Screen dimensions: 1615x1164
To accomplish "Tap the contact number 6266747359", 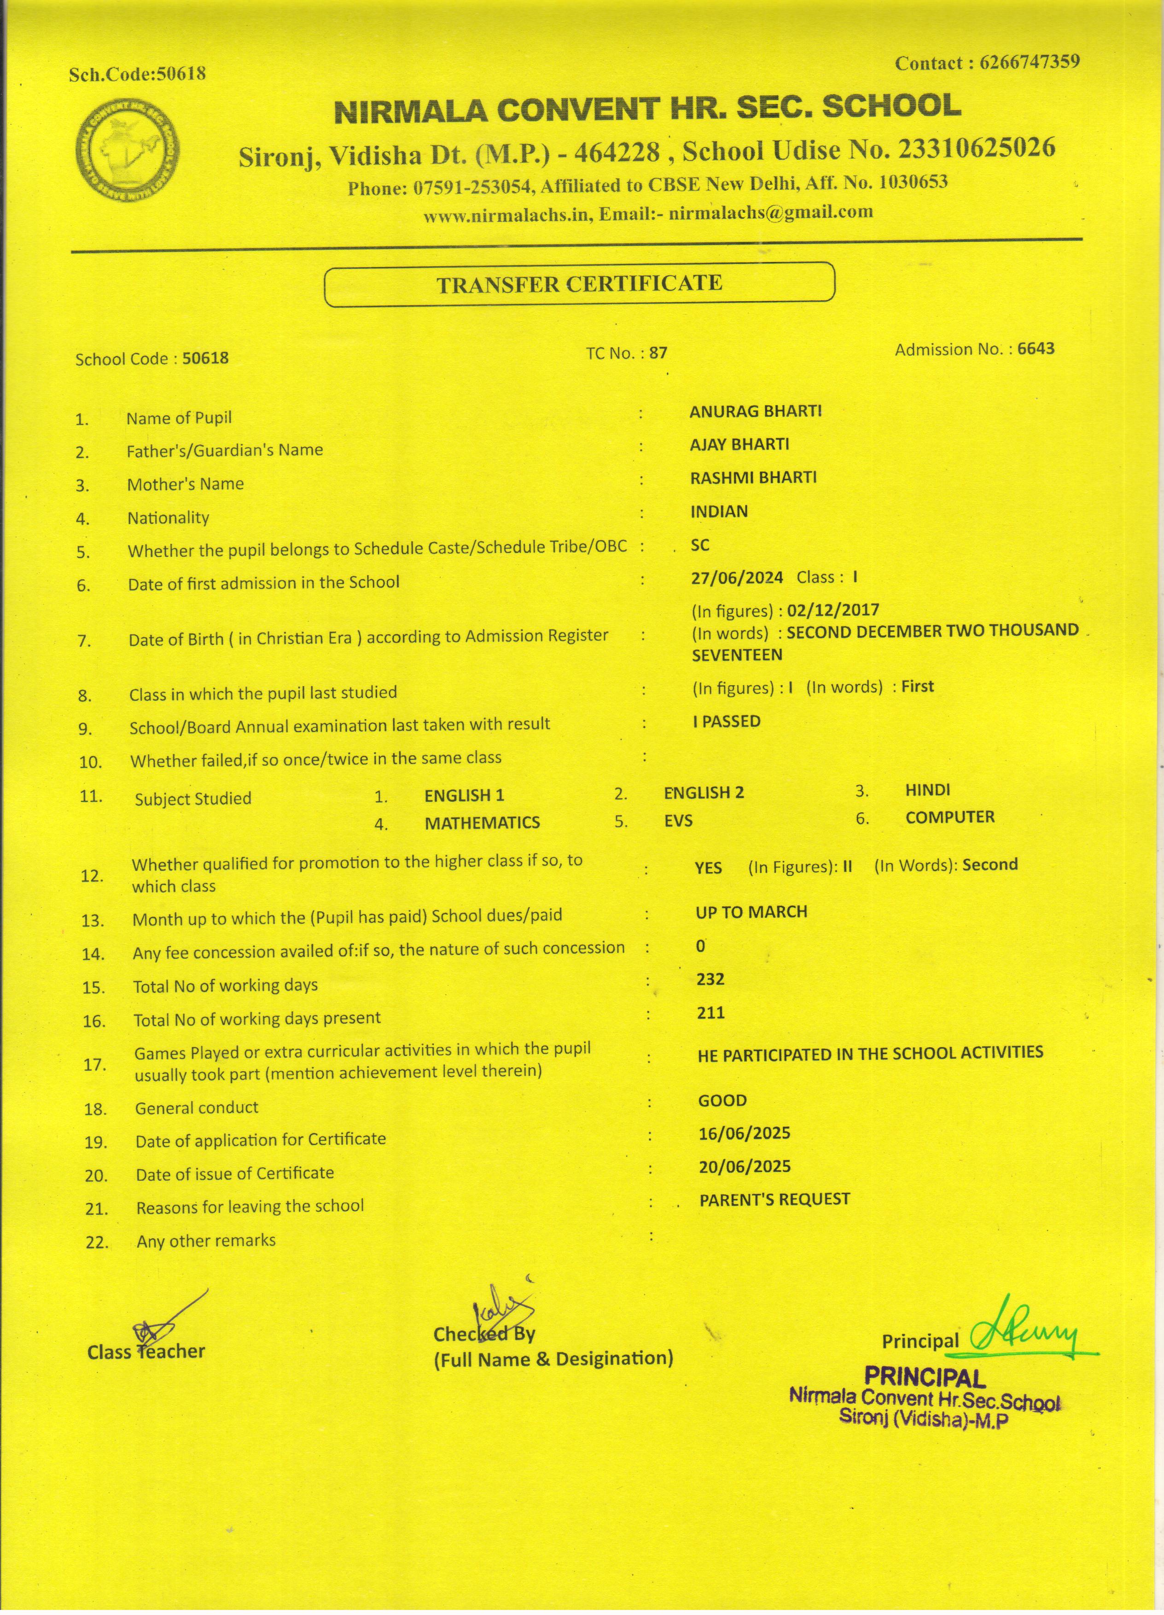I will [1030, 63].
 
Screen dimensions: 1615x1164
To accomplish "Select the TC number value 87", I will [658, 352].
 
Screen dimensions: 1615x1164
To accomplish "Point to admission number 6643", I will [1036, 348].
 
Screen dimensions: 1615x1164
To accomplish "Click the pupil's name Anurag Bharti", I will [755, 412].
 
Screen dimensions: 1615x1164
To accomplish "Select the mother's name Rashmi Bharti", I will [753, 477].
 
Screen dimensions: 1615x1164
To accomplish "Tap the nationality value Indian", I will [719, 511].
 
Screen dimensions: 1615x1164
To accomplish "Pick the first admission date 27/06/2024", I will [737, 577].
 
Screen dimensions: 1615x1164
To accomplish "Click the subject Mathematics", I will [482, 822].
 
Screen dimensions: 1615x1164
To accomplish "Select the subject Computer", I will [950, 817].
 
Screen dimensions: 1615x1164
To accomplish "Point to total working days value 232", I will [710, 979].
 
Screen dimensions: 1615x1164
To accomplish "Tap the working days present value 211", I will [710, 1013].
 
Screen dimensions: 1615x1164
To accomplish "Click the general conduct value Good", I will [722, 1100].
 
